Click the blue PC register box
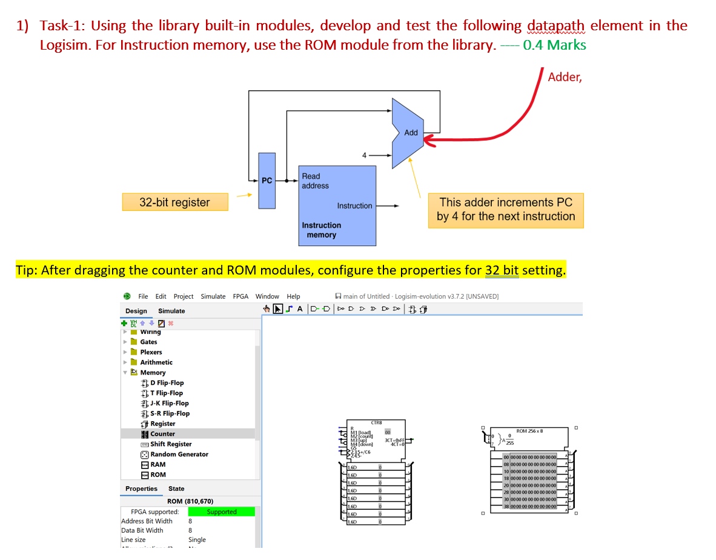coord(267,180)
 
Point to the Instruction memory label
coord(321,230)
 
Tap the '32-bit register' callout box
coord(174,202)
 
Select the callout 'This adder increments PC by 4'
coord(505,210)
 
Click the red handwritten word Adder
coord(564,77)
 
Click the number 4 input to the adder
coord(364,155)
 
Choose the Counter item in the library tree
coord(162,434)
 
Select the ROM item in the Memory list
coord(157,475)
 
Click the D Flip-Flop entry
coord(167,383)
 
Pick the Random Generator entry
coord(179,455)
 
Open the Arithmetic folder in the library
coord(156,362)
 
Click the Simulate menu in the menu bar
coord(213,296)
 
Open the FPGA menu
coord(240,296)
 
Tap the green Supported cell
coord(221,512)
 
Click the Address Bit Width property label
coord(147,521)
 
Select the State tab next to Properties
coord(176,488)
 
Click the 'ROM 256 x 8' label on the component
coord(529,431)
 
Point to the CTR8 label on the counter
coord(376,422)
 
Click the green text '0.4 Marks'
coord(554,45)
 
